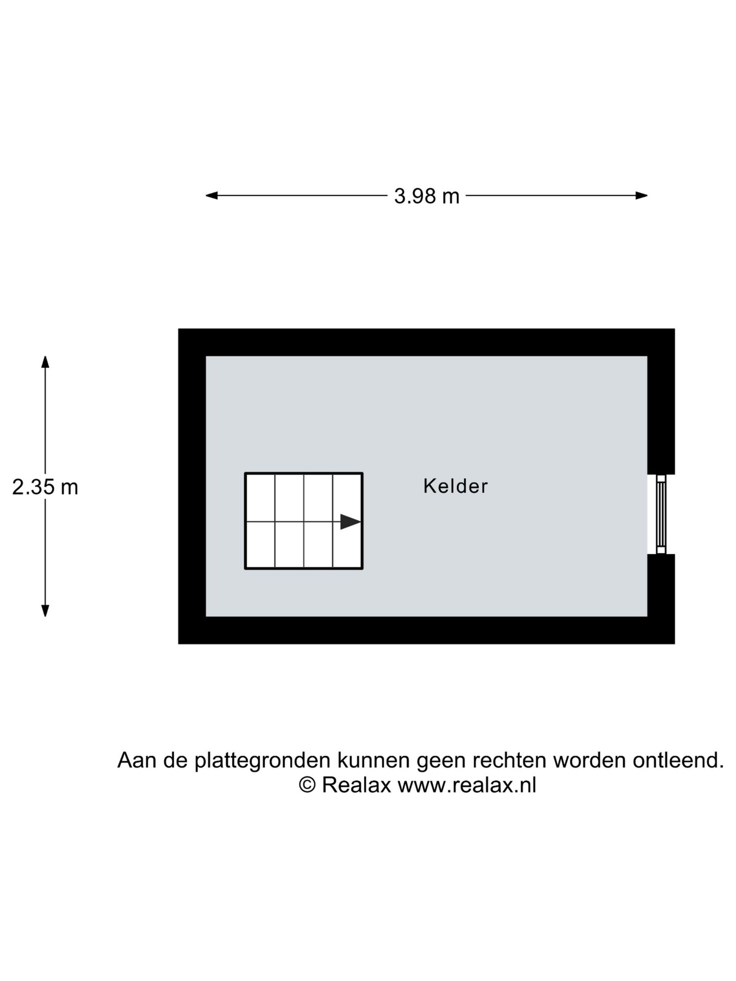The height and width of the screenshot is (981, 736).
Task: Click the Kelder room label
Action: coord(455,486)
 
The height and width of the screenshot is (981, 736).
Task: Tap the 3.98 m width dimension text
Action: coord(427,196)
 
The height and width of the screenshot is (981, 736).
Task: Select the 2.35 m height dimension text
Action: coord(45,487)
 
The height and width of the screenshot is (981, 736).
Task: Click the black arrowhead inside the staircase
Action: coord(351,522)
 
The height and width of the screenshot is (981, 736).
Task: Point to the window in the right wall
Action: coord(661,514)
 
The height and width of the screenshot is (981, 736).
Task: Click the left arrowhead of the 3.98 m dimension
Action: coord(212,195)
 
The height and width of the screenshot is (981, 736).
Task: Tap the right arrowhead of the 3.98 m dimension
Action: coord(641,195)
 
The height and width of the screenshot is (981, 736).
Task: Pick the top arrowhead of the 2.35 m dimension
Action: coord(45,362)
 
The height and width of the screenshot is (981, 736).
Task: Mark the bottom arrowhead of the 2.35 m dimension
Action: coord(45,611)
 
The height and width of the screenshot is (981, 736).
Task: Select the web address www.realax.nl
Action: coord(467,785)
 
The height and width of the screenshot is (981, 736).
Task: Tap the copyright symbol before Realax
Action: coord(307,785)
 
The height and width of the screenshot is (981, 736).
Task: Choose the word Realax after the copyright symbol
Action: coord(356,785)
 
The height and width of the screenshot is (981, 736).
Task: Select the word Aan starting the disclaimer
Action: coord(137,760)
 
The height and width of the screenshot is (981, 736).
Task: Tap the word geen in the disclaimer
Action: coord(442,762)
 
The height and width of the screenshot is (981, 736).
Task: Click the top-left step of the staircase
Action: coord(260,498)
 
